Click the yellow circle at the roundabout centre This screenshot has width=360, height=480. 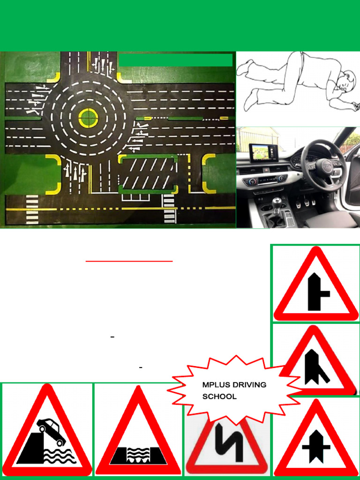(x=87, y=117)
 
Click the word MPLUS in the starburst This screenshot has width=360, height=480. (x=216, y=385)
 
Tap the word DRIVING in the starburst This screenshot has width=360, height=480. (x=249, y=385)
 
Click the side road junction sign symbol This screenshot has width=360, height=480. (x=317, y=292)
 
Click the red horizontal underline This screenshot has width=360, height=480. (x=129, y=261)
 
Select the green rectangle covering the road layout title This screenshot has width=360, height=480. (x=175, y=60)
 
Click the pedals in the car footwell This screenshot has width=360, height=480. (x=305, y=202)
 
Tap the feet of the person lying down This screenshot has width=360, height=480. (x=246, y=84)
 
